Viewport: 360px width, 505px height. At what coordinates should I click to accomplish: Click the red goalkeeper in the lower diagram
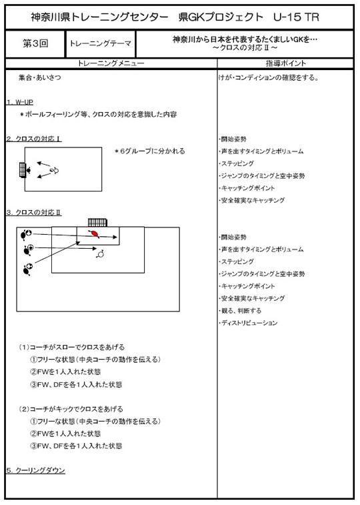click(x=94, y=233)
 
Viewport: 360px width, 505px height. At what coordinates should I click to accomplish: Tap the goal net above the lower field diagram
click(x=97, y=223)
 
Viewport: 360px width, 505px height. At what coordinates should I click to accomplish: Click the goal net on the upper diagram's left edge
click(x=22, y=169)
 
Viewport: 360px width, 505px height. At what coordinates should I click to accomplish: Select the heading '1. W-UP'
click(x=20, y=102)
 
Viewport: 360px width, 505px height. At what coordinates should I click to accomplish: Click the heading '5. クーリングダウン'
click(x=36, y=470)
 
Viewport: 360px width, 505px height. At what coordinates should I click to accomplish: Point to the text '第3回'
click(x=35, y=44)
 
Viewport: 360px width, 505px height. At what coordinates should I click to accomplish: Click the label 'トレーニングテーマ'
click(x=101, y=43)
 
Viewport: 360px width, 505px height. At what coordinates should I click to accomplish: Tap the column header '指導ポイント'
click(x=286, y=63)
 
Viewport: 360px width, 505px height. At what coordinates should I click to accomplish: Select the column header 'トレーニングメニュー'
click(x=111, y=63)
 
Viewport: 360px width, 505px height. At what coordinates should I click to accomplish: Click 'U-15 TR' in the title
click(x=296, y=17)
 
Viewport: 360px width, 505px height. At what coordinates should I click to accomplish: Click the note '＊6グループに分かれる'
click(x=149, y=151)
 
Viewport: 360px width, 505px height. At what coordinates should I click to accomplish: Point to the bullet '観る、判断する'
click(x=240, y=311)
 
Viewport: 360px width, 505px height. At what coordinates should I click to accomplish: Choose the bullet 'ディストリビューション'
click(x=248, y=323)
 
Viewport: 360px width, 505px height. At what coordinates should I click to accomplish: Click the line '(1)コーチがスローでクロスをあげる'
click(x=71, y=347)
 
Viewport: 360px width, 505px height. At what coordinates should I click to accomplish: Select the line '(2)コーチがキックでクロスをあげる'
click(x=71, y=409)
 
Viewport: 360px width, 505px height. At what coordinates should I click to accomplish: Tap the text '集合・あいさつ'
click(x=39, y=77)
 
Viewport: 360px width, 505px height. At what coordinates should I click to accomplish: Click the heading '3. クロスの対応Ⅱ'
click(x=34, y=213)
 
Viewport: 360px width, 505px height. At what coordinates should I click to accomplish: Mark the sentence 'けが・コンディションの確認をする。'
click(x=269, y=77)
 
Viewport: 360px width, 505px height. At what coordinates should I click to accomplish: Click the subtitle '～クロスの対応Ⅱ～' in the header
click(x=245, y=47)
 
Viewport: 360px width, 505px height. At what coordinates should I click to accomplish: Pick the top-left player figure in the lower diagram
click(x=25, y=234)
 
